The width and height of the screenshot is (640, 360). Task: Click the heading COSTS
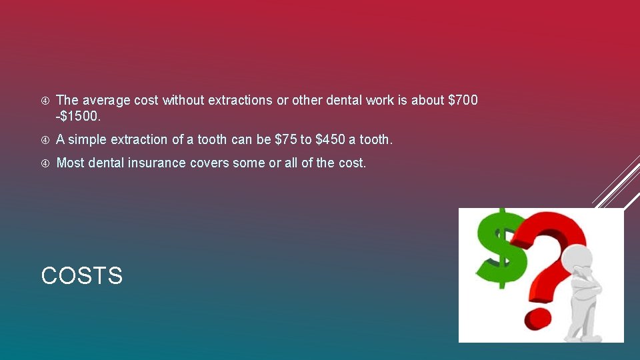[82, 276]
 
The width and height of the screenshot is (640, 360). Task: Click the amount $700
[463, 101]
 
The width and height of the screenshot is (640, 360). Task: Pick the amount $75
[290, 140]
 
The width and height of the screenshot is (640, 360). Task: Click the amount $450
[331, 140]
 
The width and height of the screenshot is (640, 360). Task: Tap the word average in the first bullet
[106, 101]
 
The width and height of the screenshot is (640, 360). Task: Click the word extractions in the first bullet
[241, 101]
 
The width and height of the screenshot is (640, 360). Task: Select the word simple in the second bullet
[87, 140]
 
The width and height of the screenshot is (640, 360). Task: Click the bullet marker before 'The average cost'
[45, 101]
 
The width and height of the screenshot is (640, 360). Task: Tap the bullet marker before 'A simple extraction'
[45, 140]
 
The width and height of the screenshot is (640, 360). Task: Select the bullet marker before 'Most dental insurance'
[45, 163]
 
